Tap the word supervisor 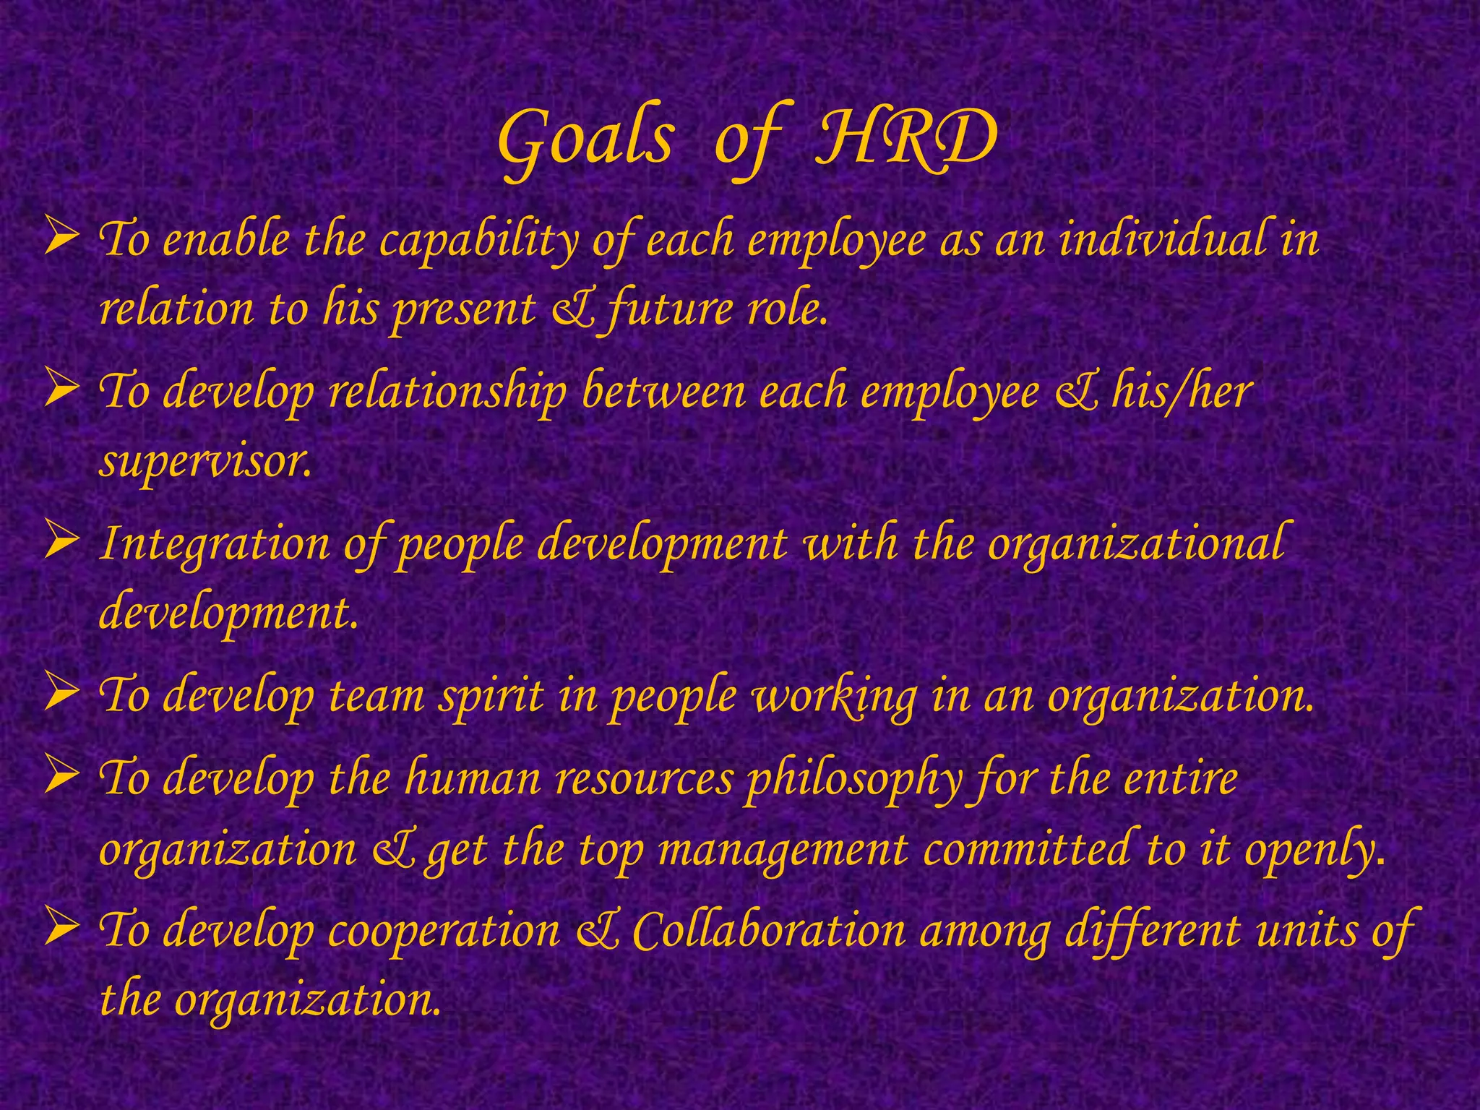point(205,461)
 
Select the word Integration point(214,544)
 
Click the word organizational point(1135,544)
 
